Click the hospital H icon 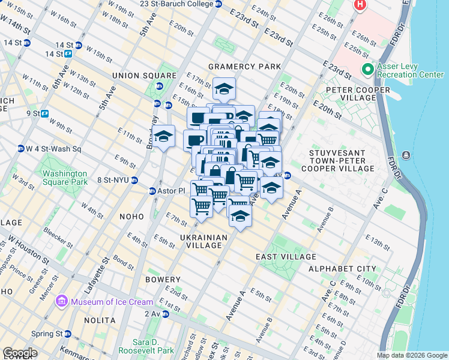tap(360, 5)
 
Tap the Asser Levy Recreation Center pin tap(367, 70)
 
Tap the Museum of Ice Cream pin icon tap(61, 301)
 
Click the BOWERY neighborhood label tap(163, 280)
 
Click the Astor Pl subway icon tap(152, 191)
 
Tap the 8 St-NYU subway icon tap(134, 179)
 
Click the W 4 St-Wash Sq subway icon tap(20, 148)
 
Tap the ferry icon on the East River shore tap(407, 156)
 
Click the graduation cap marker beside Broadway tap(163, 137)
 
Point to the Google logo tap(20, 353)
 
